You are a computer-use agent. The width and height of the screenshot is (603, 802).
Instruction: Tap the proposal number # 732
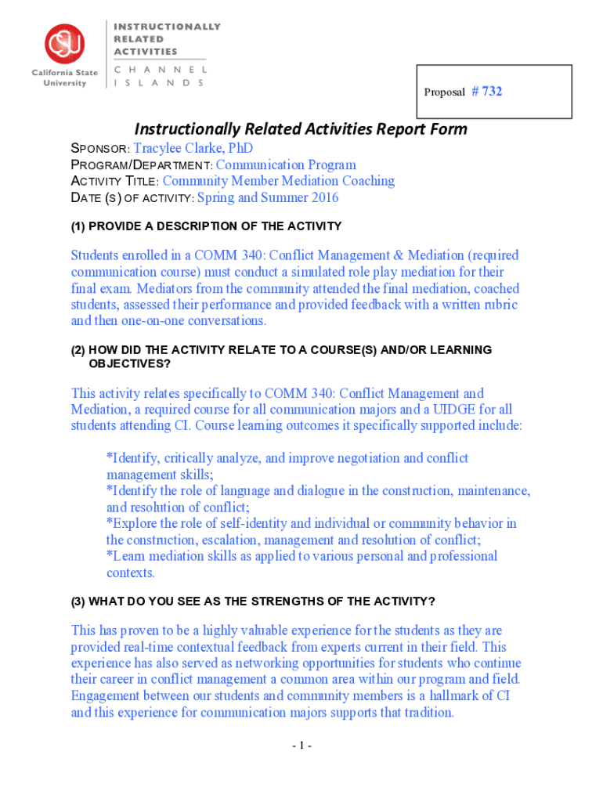(x=486, y=92)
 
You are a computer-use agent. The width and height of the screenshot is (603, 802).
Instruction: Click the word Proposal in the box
(x=444, y=92)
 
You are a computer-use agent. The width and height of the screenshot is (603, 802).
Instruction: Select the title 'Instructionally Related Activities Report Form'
(x=301, y=128)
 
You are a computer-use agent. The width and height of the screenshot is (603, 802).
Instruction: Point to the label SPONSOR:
(x=100, y=149)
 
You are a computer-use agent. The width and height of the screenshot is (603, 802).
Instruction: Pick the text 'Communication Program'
(x=286, y=164)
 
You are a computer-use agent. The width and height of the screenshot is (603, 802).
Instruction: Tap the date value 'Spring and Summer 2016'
(x=268, y=197)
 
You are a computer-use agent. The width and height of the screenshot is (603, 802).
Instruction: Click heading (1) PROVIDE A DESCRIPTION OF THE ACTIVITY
(x=206, y=226)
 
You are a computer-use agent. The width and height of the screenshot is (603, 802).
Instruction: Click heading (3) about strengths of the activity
(x=253, y=601)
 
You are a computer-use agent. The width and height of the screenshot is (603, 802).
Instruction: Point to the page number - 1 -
(x=301, y=746)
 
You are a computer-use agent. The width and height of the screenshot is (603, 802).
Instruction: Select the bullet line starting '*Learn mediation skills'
(x=301, y=556)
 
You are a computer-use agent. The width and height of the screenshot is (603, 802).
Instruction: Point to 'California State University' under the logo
(x=65, y=78)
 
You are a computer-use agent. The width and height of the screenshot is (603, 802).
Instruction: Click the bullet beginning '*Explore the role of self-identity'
(x=311, y=523)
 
